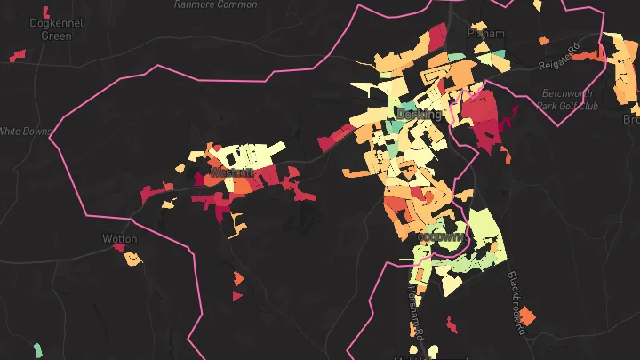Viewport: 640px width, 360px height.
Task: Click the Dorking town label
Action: click(419, 115)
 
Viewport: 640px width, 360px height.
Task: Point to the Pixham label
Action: click(486, 34)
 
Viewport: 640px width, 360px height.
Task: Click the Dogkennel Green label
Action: click(56, 29)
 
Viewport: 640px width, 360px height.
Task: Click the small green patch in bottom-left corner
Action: click(36, 349)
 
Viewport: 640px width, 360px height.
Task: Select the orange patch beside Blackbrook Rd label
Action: click(528, 316)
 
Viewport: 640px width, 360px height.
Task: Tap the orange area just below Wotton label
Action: click(132, 260)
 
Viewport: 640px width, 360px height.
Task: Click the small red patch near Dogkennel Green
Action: click(18, 57)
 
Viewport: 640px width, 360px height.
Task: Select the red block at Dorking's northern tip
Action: click(437, 35)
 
